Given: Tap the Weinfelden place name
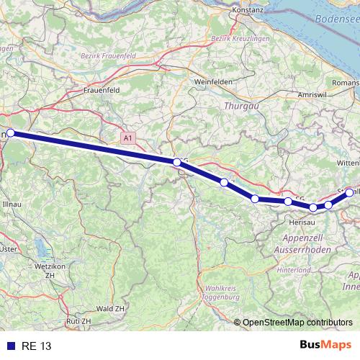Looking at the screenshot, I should pyautogui.click(x=212, y=82).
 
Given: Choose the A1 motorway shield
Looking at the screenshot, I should pyautogui.click(x=127, y=137).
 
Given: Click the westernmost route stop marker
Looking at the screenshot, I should pyautogui.click(x=11, y=133).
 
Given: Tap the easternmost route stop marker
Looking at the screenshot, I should pyautogui.click(x=350, y=192).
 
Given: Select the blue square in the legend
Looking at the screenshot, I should pyautogui.click(x=9, y=346).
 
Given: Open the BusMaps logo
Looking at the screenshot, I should pyautogui.click(x=325, y=345).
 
